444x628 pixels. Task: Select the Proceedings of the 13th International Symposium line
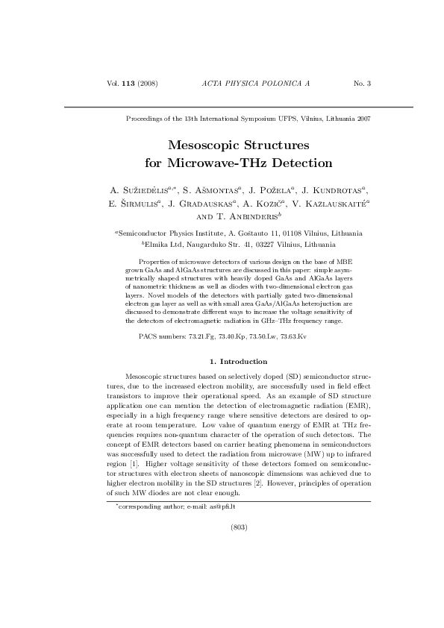coord(249,119)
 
